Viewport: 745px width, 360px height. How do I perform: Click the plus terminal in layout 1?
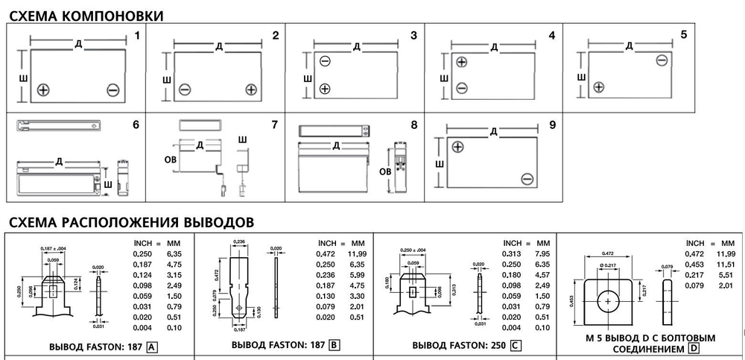pos(43,90)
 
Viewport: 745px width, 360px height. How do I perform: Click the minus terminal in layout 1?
pos(112,90)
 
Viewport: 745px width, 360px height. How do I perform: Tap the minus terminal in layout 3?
pos(325,61)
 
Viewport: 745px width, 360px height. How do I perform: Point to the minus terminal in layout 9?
pos(527,178)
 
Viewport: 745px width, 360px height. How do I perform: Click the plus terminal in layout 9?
pos(457,147)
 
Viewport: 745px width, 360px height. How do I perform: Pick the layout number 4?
pos(551,35)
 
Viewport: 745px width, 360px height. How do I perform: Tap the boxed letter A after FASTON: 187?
pos(152,346)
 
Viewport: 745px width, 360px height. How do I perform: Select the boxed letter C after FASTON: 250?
pos(516,346)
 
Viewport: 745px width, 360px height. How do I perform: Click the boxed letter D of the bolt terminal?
pos(694,348)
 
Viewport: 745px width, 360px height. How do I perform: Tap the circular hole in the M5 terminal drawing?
pos(609,300)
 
